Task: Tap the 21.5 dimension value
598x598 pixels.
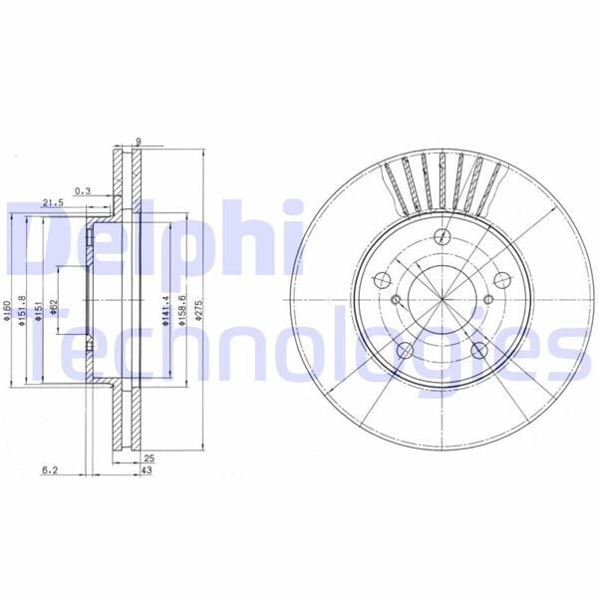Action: pyautogui.click(x=53, y=203)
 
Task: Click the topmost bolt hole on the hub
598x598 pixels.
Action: pyautogui.click(x=444, y=236)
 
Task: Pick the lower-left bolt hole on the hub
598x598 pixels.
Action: pyautogui.click(x=408, y=350)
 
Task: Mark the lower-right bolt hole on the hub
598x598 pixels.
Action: pyautogui.click(x=479, y=350)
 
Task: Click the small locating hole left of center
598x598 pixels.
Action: pyautogui.click(x=395, y=301)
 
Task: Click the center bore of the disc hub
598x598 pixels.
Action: pyautogui.click(x=444, y=300)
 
